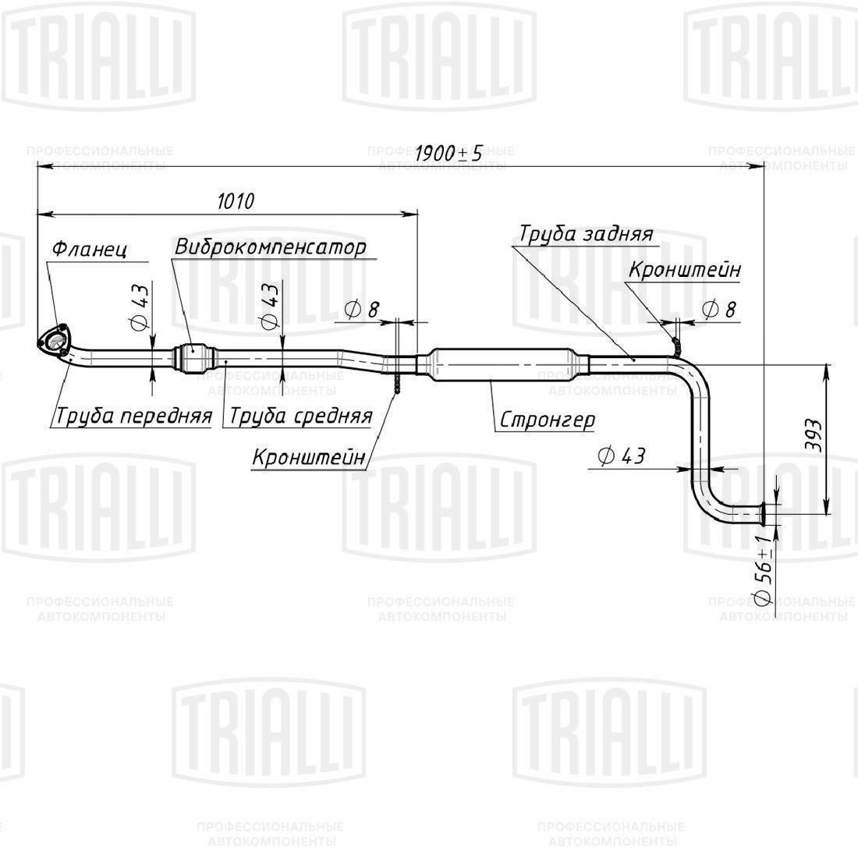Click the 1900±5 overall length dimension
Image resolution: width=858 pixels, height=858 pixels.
(448, 153)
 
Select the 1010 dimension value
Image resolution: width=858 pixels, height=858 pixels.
(235, 201)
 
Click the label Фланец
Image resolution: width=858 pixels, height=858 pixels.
(89, 250)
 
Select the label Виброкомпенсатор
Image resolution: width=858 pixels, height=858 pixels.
(270, 247)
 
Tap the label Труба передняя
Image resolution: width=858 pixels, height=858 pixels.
(133, 416)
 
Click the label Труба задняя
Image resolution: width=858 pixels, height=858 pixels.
(586, 234)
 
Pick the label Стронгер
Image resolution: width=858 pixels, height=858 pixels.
(547, 420)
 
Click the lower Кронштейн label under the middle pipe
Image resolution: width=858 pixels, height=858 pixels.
(308, 458)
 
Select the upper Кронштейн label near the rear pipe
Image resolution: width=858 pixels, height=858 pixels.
(684, 270)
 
